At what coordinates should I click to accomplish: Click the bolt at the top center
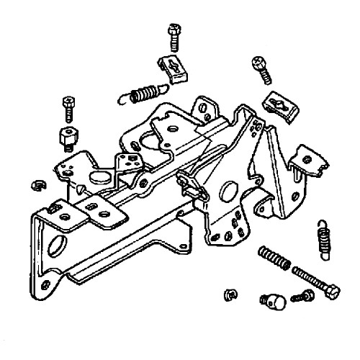[174, 32]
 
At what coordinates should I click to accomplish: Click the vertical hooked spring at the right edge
[321, 241]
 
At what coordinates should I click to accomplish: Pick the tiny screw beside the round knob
[302, 295]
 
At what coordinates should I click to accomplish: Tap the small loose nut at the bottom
[230, 294]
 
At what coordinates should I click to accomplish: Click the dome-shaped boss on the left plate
[97, 176]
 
